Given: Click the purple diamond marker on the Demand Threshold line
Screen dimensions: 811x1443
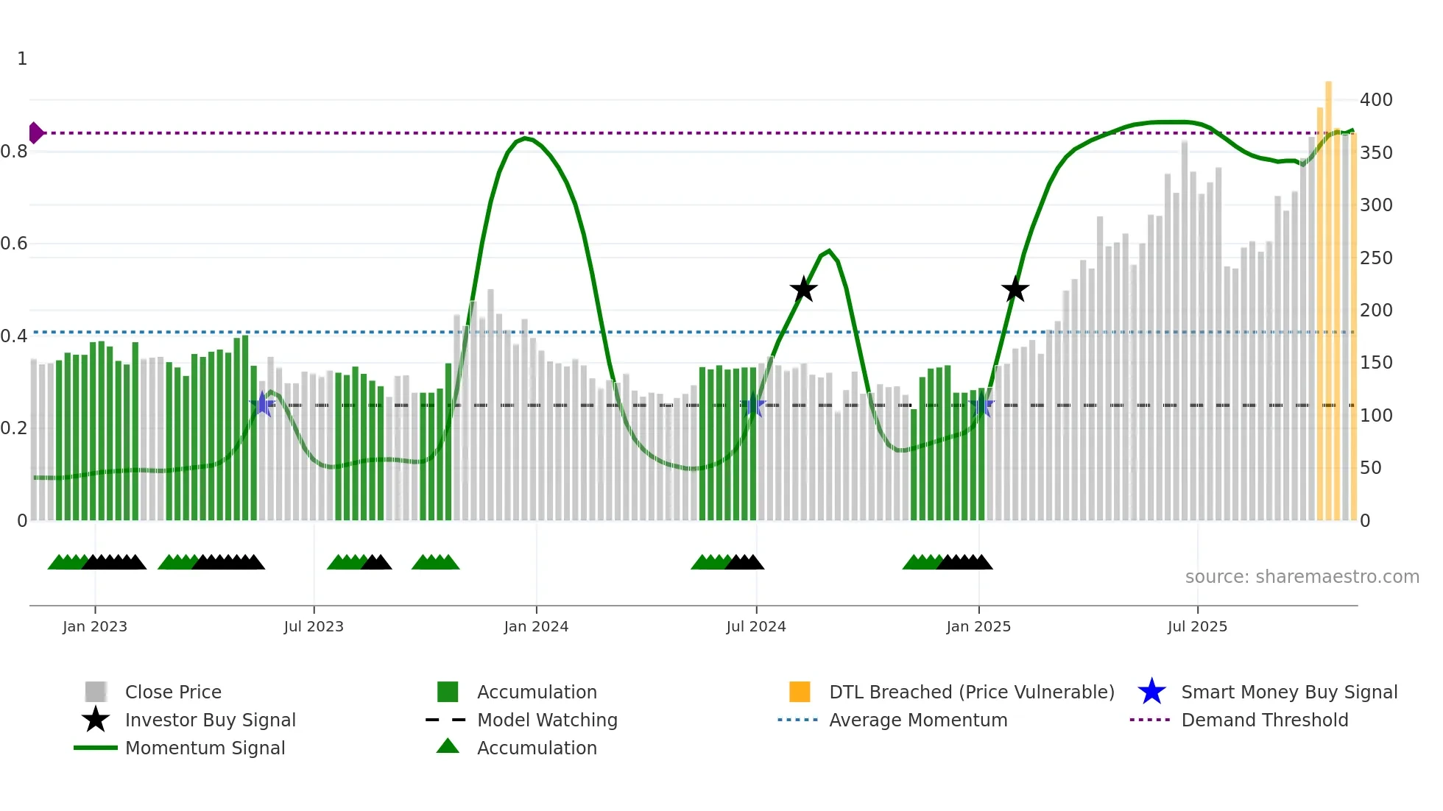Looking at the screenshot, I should (x=35, y=133).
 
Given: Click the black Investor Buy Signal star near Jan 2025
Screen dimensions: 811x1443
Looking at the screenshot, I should (x=1015, y=290).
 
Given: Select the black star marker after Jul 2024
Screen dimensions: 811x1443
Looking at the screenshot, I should (x=804, y=289).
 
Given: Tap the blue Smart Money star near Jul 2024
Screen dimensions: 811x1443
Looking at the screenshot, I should (x=752, y=405).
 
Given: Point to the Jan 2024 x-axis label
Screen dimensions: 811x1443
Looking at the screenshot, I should (x=536, y=626).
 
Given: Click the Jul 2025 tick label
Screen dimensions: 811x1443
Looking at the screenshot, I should (x=1197, y=626).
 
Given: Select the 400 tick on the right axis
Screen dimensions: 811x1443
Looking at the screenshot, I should (x=1375, y=99).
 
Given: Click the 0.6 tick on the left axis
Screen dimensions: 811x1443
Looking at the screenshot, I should (x=15, y=244).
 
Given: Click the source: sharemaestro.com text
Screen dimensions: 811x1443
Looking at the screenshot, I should (x=1302, y=576).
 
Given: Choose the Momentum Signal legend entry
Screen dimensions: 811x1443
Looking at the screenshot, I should (x=205, y=748).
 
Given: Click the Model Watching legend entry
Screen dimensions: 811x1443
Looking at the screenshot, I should (x=547, y=720).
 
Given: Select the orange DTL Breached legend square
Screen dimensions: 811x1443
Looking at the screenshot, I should (x=800, y=692).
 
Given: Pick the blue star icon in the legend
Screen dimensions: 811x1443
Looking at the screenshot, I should (x=1151, y=692).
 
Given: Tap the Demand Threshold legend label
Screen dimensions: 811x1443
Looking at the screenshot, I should (x=1264, y=720).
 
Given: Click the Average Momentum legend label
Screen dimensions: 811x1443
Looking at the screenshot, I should (x=918, y=720).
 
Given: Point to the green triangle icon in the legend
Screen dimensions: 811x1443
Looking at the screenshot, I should (x=448, y=747).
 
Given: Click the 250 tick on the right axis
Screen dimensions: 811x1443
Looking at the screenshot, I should (x=1375, y=258).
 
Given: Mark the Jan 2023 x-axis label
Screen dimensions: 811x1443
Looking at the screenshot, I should (x=95, y=626).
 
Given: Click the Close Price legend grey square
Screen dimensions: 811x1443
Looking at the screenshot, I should (x=96, y=692).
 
